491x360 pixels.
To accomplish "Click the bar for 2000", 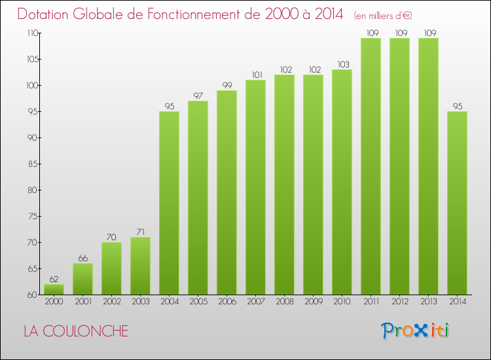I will coord(54,289).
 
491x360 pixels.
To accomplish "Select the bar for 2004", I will coord(169,203).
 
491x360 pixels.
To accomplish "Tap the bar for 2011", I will coord(371,166).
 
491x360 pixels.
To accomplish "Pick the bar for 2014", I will coord(457,203).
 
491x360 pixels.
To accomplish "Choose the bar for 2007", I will coord(255,187).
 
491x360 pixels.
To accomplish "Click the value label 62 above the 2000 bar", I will coord(54,279).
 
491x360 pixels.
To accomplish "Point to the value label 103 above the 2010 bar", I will coord(342,65).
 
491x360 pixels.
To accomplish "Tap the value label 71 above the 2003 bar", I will coord(140,232).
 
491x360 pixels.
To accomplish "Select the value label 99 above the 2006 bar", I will coord(227,86).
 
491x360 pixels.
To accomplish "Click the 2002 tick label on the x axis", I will coord(111,302).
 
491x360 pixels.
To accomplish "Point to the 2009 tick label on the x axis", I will coord(313,302).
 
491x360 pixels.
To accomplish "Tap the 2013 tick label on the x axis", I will coord(428,302).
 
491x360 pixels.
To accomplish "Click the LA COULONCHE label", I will coord(76,331).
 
